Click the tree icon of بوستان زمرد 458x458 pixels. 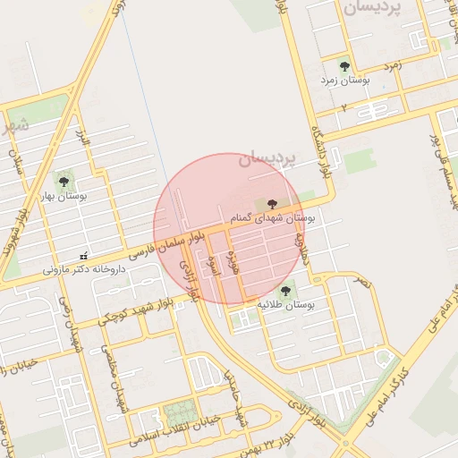pyautogui.click(x=344, y=65)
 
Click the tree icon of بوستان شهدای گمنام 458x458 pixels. pyautogui.click(x=273, y=204)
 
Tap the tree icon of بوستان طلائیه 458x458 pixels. pyautogui.click(x=285, y=291)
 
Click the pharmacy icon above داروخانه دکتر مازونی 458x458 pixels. pyautogui.click(x=83, y=257)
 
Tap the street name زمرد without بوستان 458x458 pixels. pyautogui.click(x=393, y=65)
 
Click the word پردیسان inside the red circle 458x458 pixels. pyautogui.click(x=267, y=160)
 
